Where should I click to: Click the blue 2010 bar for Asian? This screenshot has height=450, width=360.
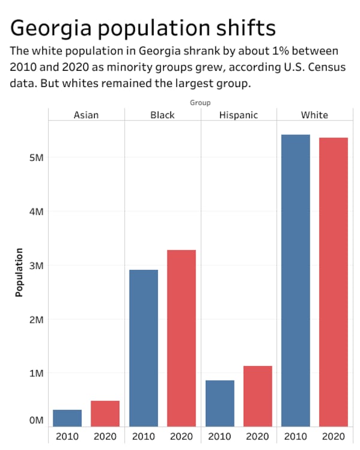67,418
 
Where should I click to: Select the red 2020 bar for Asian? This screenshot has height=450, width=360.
105,413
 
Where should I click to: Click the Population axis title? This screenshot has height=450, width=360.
19,272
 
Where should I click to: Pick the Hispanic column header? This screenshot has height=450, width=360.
238,115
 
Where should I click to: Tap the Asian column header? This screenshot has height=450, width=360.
86,115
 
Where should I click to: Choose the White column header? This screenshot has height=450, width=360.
314,115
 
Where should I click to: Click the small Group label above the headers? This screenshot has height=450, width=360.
200,103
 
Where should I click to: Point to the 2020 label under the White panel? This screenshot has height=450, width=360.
334,436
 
